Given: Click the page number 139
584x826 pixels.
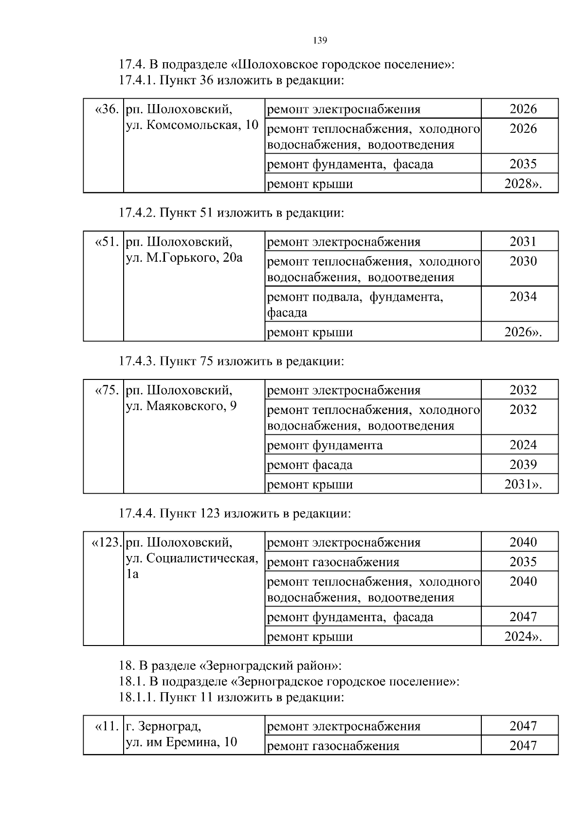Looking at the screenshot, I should [320, 40].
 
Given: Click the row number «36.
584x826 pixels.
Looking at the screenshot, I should [107, 109].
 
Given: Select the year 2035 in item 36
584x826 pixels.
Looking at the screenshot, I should [523, 164].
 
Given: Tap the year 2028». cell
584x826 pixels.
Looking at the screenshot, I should [523, 184].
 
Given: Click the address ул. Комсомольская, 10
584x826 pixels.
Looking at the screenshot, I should [192, 125].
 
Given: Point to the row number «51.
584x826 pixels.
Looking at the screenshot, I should [107, 242].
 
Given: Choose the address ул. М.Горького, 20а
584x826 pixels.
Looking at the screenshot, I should [184, 258].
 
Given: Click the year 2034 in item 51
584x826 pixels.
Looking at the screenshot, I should [523, 297].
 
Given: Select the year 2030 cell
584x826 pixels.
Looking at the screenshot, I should [523, 262].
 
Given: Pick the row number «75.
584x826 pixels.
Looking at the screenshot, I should [107, 390].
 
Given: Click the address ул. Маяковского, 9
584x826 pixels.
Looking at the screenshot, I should [181, 406].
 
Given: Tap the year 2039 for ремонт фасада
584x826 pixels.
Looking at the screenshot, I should [523, 465].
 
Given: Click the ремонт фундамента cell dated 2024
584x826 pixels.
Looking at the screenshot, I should [325, 445].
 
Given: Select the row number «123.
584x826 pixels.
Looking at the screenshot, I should [106, 542].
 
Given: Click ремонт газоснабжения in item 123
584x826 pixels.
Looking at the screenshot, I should [333, 562].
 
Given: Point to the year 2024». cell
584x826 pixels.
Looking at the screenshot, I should [523, 636].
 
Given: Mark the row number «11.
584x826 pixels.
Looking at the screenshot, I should [107, 726].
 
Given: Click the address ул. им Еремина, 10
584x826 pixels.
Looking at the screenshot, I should [182, 742].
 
